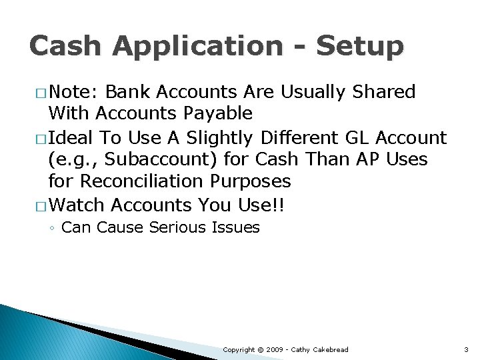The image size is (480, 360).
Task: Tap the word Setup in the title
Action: click(359, 47)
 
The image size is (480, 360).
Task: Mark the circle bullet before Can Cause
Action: click(53, 229)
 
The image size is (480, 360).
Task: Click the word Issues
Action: click(235, 228)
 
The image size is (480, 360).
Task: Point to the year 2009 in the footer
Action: click(277, 350)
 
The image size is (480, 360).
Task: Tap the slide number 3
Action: click(466, 350)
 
